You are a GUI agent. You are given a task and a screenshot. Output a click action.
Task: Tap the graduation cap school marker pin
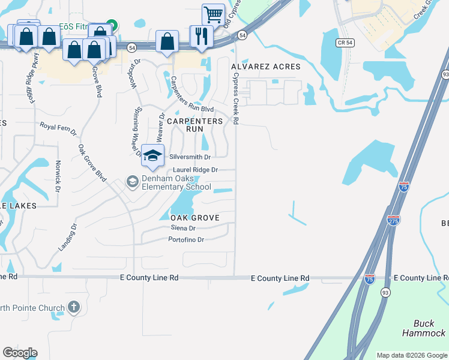[x=153, y=155]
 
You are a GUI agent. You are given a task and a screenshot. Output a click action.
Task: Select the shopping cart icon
[x=212, y=14]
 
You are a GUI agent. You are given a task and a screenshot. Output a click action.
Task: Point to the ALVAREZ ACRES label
[x=270, y=67]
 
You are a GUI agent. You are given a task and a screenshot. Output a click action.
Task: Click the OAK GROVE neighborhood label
[x=194, y=217]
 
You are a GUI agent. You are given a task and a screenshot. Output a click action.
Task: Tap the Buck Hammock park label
[x=424, y=328]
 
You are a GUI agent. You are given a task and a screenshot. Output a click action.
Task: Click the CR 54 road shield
[x=343, y=43]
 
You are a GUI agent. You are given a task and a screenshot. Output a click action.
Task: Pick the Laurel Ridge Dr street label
[x=195, y=170]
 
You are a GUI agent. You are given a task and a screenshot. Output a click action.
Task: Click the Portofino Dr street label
[x=187, y=239]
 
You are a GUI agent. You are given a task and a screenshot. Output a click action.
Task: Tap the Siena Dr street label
[x=183, y=228]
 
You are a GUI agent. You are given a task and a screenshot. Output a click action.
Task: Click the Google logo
[x=20, y=353]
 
